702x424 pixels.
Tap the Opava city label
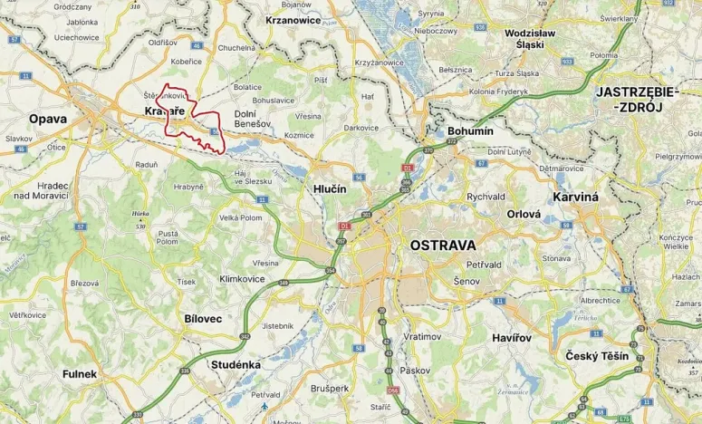48,119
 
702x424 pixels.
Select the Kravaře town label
164,111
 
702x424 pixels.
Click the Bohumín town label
470,131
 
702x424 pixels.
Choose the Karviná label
576,197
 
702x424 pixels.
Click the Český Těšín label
594,356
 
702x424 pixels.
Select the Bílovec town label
202,319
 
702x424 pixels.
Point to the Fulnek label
79,373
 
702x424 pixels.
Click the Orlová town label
524,215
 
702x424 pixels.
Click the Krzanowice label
294,18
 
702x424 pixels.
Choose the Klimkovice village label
244,279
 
